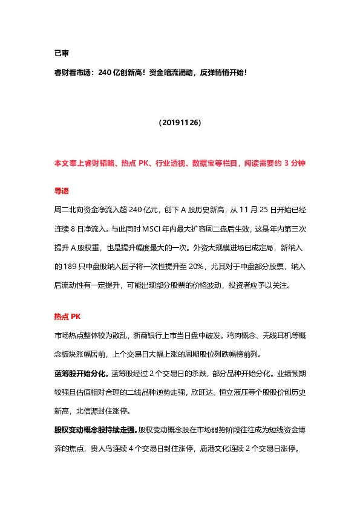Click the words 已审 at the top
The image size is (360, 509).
61,53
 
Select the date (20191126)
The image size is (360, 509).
180,122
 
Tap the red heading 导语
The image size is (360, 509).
61,190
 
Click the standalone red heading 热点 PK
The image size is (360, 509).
67,316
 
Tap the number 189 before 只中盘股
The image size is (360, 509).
63,265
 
